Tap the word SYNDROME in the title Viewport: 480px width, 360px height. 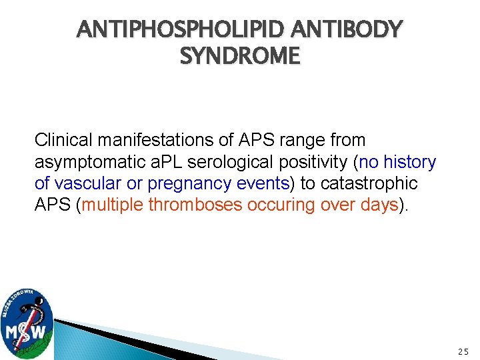(240, 56)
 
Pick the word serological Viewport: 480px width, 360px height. (229, 162)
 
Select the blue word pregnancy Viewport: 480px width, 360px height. (181, 183)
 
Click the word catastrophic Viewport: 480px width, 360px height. (377, 183)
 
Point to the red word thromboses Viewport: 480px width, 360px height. (196, 205)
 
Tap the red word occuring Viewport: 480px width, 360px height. (280, 205)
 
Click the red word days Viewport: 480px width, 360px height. (379, 205)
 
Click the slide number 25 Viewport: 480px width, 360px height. (463, 351)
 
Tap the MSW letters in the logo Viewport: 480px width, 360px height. (27, 331)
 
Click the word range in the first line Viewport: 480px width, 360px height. (299, 141)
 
